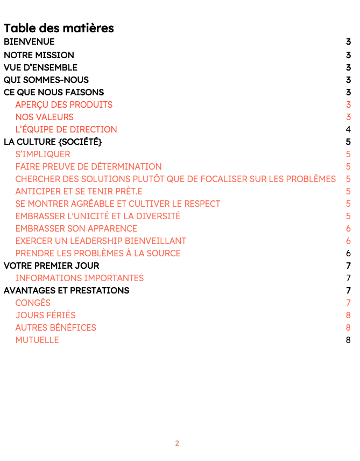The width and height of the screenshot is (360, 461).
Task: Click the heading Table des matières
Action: coord(59,28)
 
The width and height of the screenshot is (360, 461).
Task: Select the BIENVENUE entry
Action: coord(29,42)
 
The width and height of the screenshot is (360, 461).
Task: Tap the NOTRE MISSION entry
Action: coord(39,55)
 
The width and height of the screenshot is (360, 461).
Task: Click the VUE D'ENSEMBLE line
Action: coord(40,67)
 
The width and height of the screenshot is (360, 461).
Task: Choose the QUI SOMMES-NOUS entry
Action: coord(46,80)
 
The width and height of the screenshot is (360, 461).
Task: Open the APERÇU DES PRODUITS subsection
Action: coord(63,104)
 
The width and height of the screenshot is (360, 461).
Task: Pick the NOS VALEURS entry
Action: coord(44,117)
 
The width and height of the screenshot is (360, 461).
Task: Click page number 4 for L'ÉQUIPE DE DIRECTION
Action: coord(348,129)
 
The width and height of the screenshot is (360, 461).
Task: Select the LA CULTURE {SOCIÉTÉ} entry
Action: coord(53,142)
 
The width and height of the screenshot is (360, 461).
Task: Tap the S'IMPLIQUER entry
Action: coord(43,154)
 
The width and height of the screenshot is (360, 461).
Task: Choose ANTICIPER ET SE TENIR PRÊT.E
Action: coord(79,191)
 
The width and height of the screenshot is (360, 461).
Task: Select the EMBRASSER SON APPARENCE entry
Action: coord(76,228)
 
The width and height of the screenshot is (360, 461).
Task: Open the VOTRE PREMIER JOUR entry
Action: coord(51,266)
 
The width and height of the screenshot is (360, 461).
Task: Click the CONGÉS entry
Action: coord(33,303)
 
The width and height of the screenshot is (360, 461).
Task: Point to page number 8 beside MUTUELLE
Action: coord(348,340)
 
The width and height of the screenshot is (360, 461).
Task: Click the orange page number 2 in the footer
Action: coord(177,443)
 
